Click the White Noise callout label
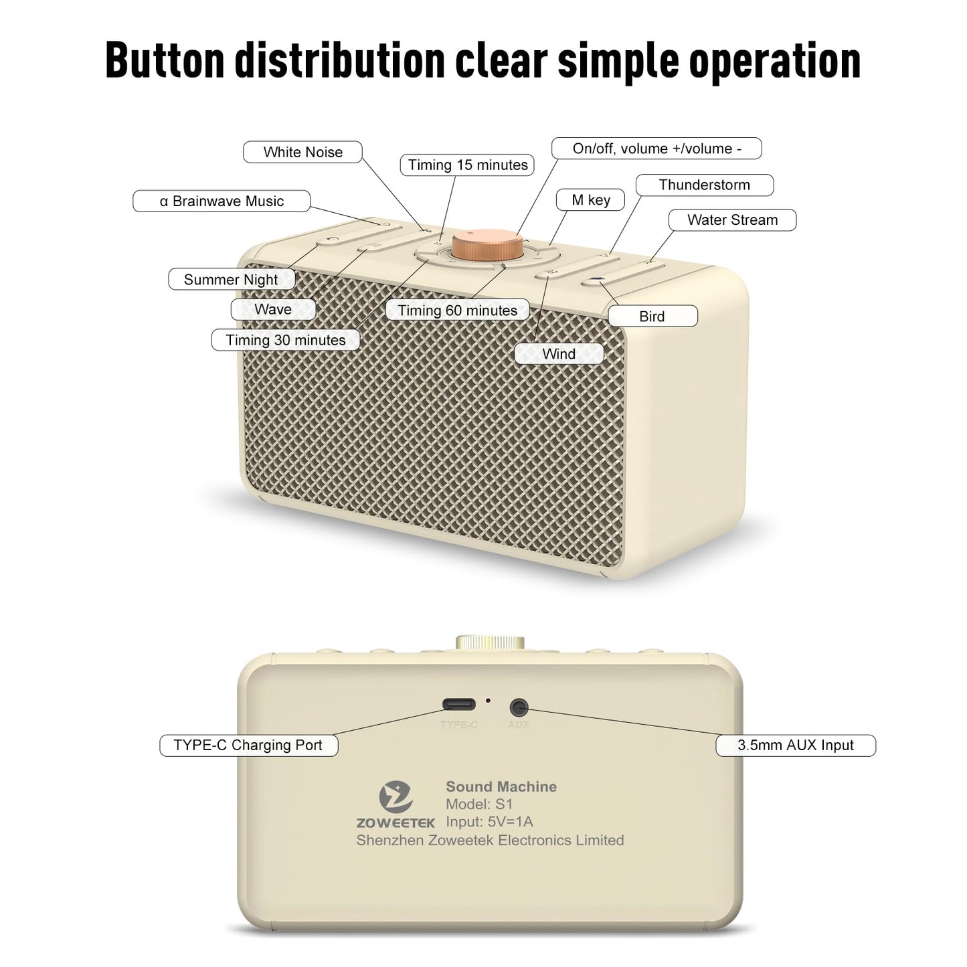click(302, 152)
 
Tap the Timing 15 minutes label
click(467, 165)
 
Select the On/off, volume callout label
click(656, 149)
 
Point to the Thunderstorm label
click(705, 185)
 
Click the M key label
click(591, 200)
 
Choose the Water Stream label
click(732, 220)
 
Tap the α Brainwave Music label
click(222, 201)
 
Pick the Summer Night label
click(232, 279)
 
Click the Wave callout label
click(273, 309)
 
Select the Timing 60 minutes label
click(458, 310)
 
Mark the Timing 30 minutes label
click(286, 340)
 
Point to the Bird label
click(652, 316)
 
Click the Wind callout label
click(559, 354)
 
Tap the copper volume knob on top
click(488, 244)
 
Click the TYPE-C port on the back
click(458, 705)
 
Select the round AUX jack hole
click(519, 707)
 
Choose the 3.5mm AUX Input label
click(796, 745)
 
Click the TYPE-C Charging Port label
click(248, 745)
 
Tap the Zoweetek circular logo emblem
click(396, 797)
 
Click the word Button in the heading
click(165, 61)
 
